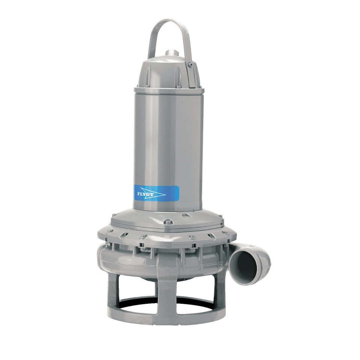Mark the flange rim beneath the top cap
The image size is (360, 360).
pos(169,90)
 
